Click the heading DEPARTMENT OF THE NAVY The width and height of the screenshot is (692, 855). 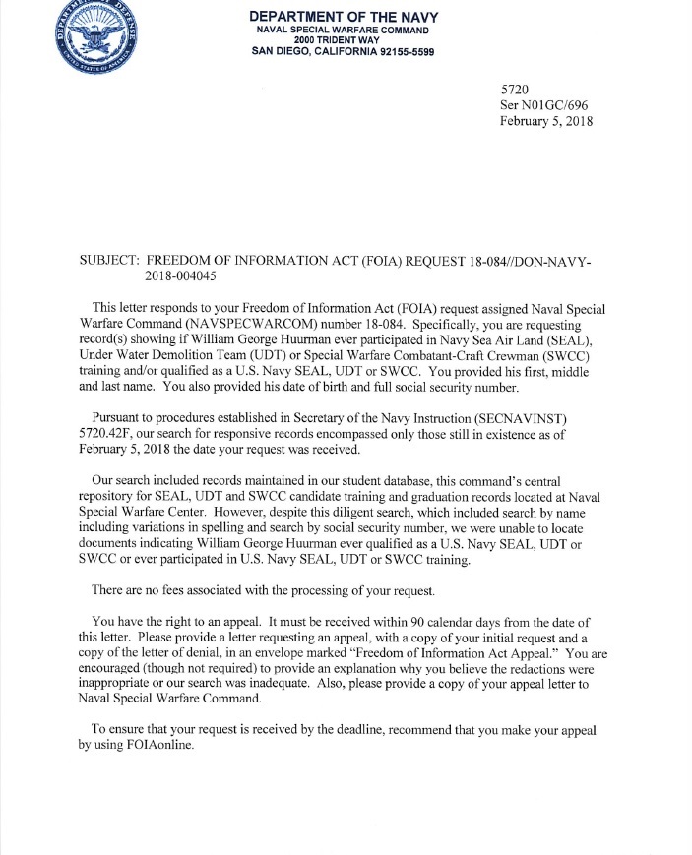pos(344,17)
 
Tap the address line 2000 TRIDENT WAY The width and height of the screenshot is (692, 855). pos(343,40)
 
